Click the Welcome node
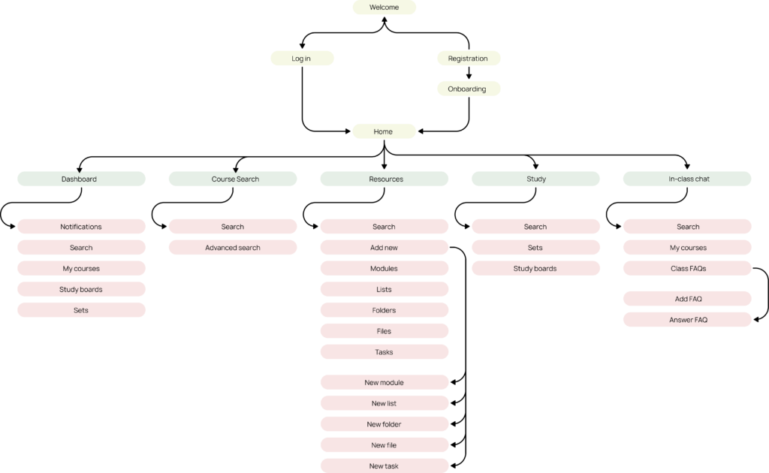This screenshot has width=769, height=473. tap(384, 8)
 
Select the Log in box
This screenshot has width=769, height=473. tap(302, 59)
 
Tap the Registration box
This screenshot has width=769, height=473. tap(469, 59)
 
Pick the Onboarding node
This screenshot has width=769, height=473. tap(469, 89)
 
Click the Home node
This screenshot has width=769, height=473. tap(384, 131)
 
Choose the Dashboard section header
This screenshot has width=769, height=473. tap(81, 179)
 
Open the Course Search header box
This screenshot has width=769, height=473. tap(233, 179)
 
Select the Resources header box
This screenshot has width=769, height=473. tap(384, 179)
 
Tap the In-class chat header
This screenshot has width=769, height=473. tap(687, 179)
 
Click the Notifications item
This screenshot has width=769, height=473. tap(81, 227)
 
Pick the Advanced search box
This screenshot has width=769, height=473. tap(233, 248)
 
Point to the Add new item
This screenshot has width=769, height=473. tap(384, 248)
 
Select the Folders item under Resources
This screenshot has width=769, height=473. tap(384, 310)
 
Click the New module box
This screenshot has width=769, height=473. tap(384, 382)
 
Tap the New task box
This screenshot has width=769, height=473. tap(384, 465)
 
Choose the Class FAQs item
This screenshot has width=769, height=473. tap(687, 269)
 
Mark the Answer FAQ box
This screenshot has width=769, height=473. tap(687, 320)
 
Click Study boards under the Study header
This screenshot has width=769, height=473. tap(535, 269)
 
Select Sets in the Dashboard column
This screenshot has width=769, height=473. tap(81, 310)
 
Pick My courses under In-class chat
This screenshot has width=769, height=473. tap(687, 248)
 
